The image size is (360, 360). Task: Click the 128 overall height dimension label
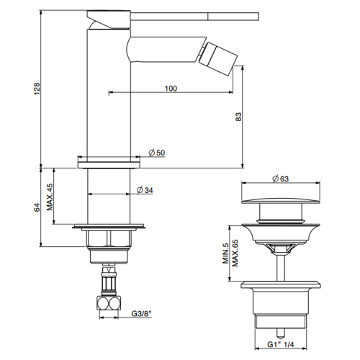[x=37, y=89]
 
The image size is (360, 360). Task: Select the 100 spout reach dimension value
[x=171, y=89]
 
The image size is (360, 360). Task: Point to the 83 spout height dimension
[x=238, y=117]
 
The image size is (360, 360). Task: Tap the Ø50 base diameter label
[x=157, y=153]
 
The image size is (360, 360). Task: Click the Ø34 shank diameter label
[x=145, y=190]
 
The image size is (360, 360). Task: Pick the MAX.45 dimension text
[x=50, y=197]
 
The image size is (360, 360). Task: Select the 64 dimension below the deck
[x=37, y=207]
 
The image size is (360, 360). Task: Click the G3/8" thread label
[x=142, y=313]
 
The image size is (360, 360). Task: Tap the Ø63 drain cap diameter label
[x=281, y=179]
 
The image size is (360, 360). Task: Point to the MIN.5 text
[x=225, y=253]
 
